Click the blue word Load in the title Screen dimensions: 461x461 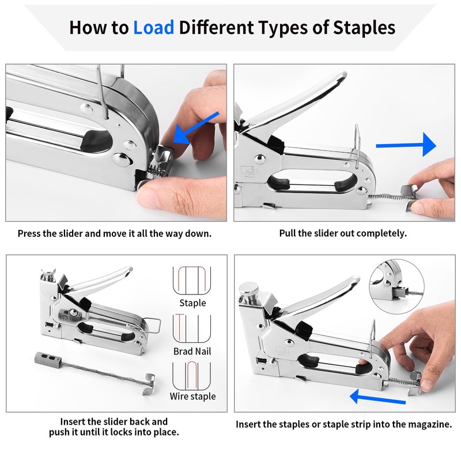[153, 28]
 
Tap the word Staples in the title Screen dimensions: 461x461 [364, 28]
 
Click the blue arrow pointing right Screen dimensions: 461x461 [406, 145]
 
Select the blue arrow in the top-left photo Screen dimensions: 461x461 [196, 128]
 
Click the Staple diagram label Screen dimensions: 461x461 [192, 303]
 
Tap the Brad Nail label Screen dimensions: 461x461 [192, 351]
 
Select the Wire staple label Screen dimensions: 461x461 [192, 396]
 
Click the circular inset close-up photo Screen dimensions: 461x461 [396, 286]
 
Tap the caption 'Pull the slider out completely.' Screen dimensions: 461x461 [343, 233]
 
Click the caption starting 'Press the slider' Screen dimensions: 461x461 [114, 233]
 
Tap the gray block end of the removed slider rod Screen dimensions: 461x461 [48, 358]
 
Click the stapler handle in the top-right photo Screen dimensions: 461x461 [297, 109]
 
